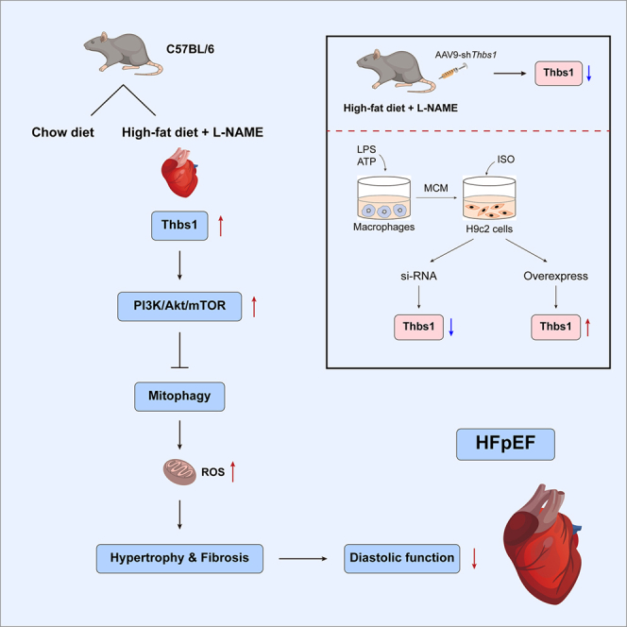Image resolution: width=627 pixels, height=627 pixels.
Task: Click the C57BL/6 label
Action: coord(190,49)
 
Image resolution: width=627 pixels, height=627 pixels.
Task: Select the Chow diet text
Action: coord(62,132)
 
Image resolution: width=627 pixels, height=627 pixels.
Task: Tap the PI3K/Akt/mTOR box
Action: coord(179,306)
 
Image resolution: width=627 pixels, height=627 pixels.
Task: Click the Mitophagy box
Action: coord(179,397)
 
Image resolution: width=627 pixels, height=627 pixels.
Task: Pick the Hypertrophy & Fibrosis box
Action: coord(179,558)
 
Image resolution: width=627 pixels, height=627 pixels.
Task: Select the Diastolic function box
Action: coord(402,558)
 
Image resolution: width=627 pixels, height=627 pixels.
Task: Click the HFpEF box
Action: coord(505,444)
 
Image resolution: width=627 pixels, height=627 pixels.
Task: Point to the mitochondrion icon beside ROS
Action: coord(179,472)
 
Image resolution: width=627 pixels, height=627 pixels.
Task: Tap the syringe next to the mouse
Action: coord(453,72)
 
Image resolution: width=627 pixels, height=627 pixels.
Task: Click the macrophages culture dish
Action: coord(384,197)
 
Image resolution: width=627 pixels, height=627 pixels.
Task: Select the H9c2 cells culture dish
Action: coord(489,197)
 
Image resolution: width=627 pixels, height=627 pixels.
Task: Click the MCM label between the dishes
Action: coord(436,188)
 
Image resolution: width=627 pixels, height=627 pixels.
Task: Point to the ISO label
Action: coord(506,160)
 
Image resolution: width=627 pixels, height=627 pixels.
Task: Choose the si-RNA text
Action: coord(418,276)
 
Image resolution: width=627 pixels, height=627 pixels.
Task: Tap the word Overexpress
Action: coord(556,276)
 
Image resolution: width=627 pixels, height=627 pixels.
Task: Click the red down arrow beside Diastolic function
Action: coord(474,558)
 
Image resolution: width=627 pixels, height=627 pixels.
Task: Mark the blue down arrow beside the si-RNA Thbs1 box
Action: coord(451,327)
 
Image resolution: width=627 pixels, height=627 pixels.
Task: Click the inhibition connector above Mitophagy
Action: coord(179,350)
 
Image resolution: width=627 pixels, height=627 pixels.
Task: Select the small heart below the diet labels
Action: coord(180,173)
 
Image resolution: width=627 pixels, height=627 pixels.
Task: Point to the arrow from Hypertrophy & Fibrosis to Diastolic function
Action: coord(303,559)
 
